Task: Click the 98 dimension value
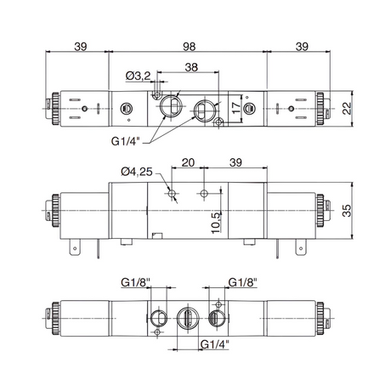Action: point(189,47)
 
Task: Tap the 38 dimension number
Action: point(191,67)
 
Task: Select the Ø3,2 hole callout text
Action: point(138,76)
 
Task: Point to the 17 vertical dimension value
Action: point(236,108)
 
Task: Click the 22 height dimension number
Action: point(347,108)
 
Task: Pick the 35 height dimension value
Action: point(347,210)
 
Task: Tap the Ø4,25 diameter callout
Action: point(137,172)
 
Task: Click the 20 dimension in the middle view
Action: point(188,162)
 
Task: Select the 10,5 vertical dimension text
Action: point(216,223)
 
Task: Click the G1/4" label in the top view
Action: point(126,141)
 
